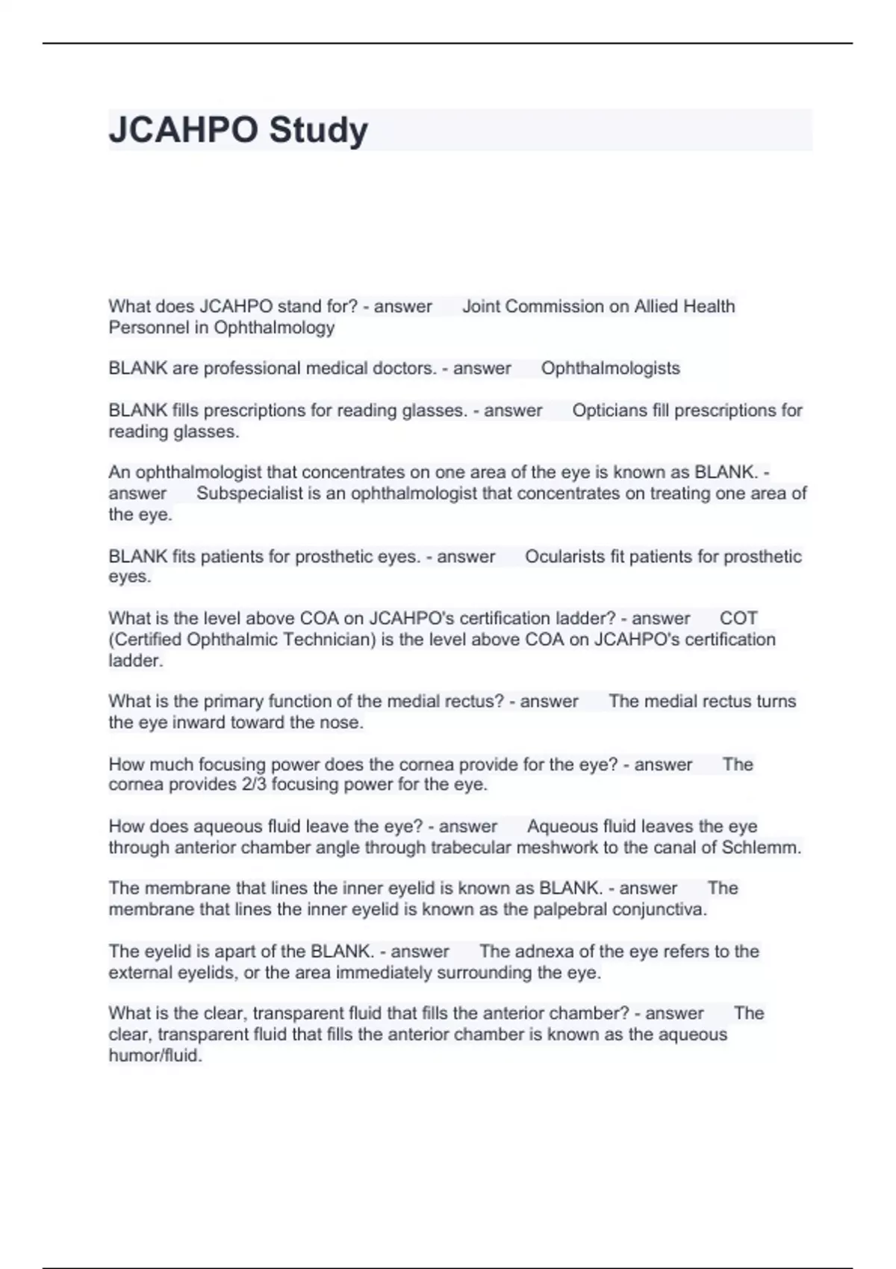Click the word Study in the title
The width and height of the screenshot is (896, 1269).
click(x=318, y=130)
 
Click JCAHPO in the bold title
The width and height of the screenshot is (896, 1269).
click(x=184, y=130)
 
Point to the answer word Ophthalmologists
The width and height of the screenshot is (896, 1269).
click(x=610, y=368)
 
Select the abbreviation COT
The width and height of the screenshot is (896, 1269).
click(x=738, y=618)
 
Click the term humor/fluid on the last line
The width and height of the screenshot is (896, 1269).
click(x=155, y=1056)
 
